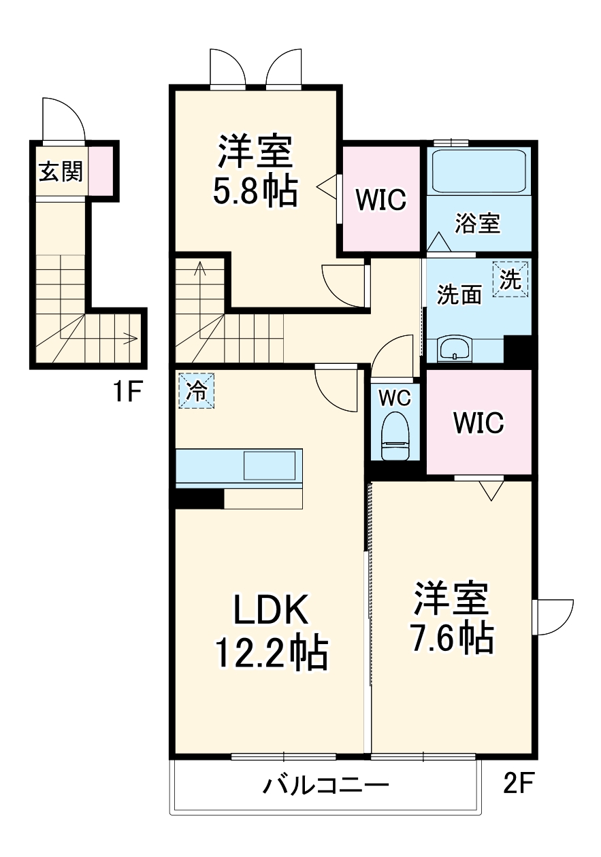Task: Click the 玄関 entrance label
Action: pyautogui.click(x=61, y=171)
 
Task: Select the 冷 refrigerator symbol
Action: pyautogui.click(x=197, y=391)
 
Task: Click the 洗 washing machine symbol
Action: pyautogui.click(x=510, y=279)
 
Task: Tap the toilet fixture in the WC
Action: pyautogui.click(x=395, y=435)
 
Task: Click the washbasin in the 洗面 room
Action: pyautogui.click(x=455, y=348)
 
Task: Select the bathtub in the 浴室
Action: pyautogui.click(x=480, y=171)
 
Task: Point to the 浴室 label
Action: pyautogui.click(x=478, y=224)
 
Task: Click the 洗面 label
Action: pyautogui.click(x=459, y=295)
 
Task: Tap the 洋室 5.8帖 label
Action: pyautogui.click(x=255, y=170)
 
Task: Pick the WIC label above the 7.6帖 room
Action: pyautogui.click(x=478, y=422)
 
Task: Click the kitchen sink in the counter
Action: pyautogui.click(x=270, y=465)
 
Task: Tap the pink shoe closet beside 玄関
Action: pyautogui.click(x=101, y=171)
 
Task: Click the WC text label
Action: pyautogui.click(x=395, y=399)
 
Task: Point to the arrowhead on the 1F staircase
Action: pyautogui.click(x=133, y=338)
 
